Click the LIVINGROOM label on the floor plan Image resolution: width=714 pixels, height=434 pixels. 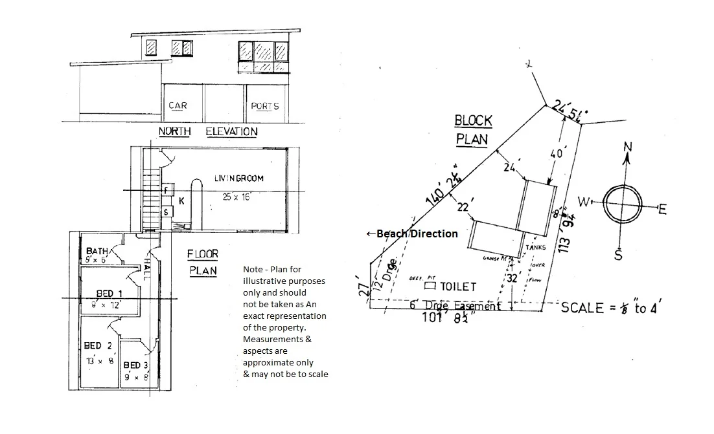coord(239,178)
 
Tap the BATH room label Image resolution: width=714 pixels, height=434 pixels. coord(97,251)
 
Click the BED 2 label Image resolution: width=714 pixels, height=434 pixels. coord(98,346)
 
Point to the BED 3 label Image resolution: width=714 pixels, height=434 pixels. coord(137,365)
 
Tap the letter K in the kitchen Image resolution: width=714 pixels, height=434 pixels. coord(181,201)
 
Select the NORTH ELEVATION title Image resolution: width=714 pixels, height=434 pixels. coord(208,132)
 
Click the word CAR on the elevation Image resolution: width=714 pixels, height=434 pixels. coord(178,106)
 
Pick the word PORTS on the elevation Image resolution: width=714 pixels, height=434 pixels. coord(264,106)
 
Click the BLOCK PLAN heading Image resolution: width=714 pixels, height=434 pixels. coord(474,129)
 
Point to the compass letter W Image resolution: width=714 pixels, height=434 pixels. coord(582,202)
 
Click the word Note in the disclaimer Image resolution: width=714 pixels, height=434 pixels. coord(253,269)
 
